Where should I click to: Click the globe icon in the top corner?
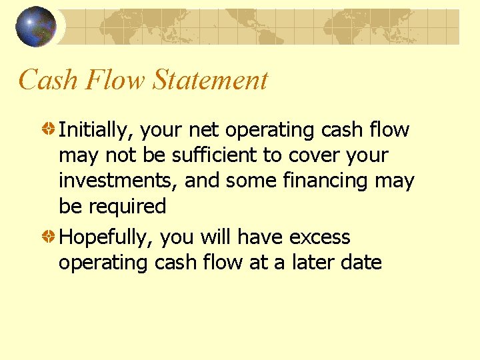tap(36, 27)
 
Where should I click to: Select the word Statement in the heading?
tap(210, 80)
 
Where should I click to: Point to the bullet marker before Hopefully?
tap(49, 237)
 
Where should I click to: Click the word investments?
tap(117, 181)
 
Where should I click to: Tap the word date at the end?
tap(360, 263)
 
